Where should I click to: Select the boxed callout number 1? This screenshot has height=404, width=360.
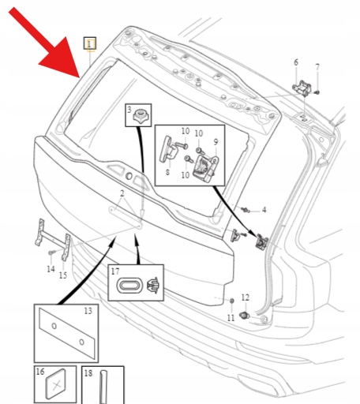pyautogui.click(x=90, y=43)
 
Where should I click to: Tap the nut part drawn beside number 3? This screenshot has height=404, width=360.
pyautogui.click(x=141, y=116)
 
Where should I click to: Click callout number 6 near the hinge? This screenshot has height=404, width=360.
pyautogui.click(x=296, y=62)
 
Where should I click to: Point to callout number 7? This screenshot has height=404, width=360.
pyautogui.click(x=317, y=67)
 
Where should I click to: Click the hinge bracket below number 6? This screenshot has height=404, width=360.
pyautogui.click(x=302, y=88)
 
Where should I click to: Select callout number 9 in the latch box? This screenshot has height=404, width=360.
pyautogui.click(x=216, y=142)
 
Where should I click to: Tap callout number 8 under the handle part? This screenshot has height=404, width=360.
pyautogui.click(x=167, y=172)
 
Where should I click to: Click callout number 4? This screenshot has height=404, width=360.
pyautogui.click(x=264, y=210)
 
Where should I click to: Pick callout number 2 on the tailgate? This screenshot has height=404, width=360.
pyautogui.click(x=122, y=193)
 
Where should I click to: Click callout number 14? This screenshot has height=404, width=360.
pyautogui.click(x=51, y=269)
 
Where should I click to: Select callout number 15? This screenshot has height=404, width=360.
pyautogui.click(x=63, y=275)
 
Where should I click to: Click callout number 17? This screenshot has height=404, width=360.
pyautogui.click(x=115, y=271)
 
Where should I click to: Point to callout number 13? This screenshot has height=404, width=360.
pyautogui.click(x=88, y=311)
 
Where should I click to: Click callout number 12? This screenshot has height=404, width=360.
pyautogui.click(x=245, y=297)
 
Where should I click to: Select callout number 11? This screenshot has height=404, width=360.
pyautogui.click(x=231, y=318)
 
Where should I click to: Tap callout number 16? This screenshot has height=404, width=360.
pyautogui.click(x=40, y=372)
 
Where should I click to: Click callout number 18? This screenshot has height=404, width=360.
pyautogui.click(x=88, y=373)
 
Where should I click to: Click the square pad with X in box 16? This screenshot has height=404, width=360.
pyautogui.click(x=56, y=384)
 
